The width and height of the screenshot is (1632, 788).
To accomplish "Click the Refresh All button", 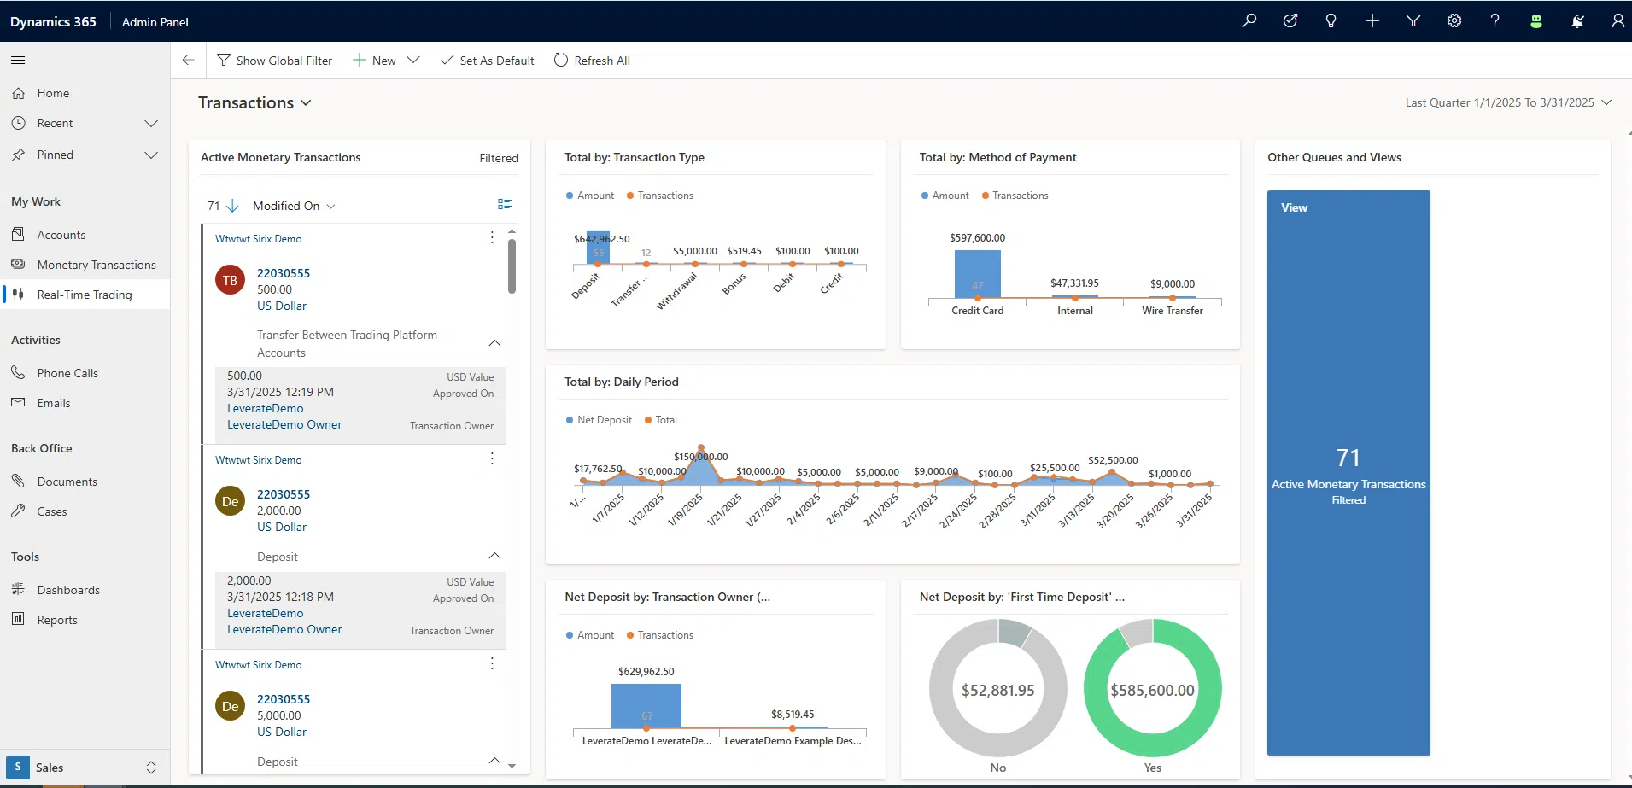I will click(x=592, y=61).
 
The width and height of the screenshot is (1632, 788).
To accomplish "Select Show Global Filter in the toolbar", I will click(x=274, y=61).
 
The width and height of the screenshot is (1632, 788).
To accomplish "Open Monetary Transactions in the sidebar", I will click(x=96, y=265).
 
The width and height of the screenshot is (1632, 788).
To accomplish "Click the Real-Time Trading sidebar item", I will click(x=84, y=295).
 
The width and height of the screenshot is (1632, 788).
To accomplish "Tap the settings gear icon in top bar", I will click(x=1454, y=21).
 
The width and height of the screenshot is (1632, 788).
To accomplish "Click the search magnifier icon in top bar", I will click(x=1249, y=21).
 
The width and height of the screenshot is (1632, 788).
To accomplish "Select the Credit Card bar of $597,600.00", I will click(x=977, y=273).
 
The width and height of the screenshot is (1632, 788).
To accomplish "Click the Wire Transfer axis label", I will click(x=1172, y=311).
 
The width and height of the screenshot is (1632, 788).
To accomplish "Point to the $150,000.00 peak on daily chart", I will click(x=701, y=448).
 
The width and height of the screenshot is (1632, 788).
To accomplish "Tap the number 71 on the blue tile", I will click(x=1348, y=458).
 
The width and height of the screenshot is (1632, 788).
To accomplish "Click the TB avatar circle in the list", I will click(x=230, y=280).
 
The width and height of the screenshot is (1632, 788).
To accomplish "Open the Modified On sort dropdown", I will click(x=294, y=206).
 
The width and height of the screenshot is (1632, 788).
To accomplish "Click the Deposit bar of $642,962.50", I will click(x=598, y=248).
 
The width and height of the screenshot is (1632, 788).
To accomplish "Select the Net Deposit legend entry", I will click(x=599, y=420).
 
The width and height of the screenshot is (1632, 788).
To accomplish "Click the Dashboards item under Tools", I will click(x=68, y=590).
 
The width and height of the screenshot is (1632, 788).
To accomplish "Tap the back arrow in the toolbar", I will click(x=189, y=60).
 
